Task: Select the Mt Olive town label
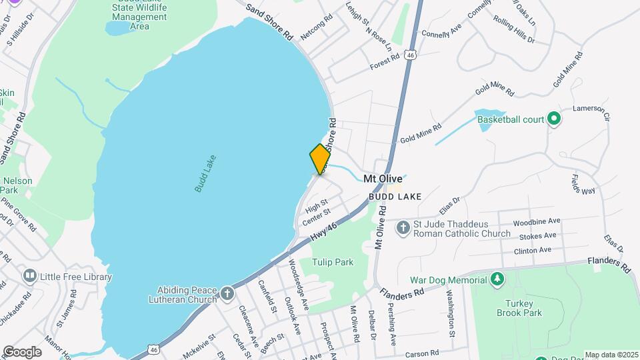(383, 179)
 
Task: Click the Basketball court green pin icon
(553, 120)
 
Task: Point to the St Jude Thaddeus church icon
(402, 229)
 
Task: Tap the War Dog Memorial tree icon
(497, 278)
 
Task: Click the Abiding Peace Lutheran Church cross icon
(227, 294)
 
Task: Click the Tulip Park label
(334, 262)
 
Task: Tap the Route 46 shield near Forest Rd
(413, 56)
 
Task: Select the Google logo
(22, 351)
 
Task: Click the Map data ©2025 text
(611, 355)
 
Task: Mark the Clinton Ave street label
(532, 251)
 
